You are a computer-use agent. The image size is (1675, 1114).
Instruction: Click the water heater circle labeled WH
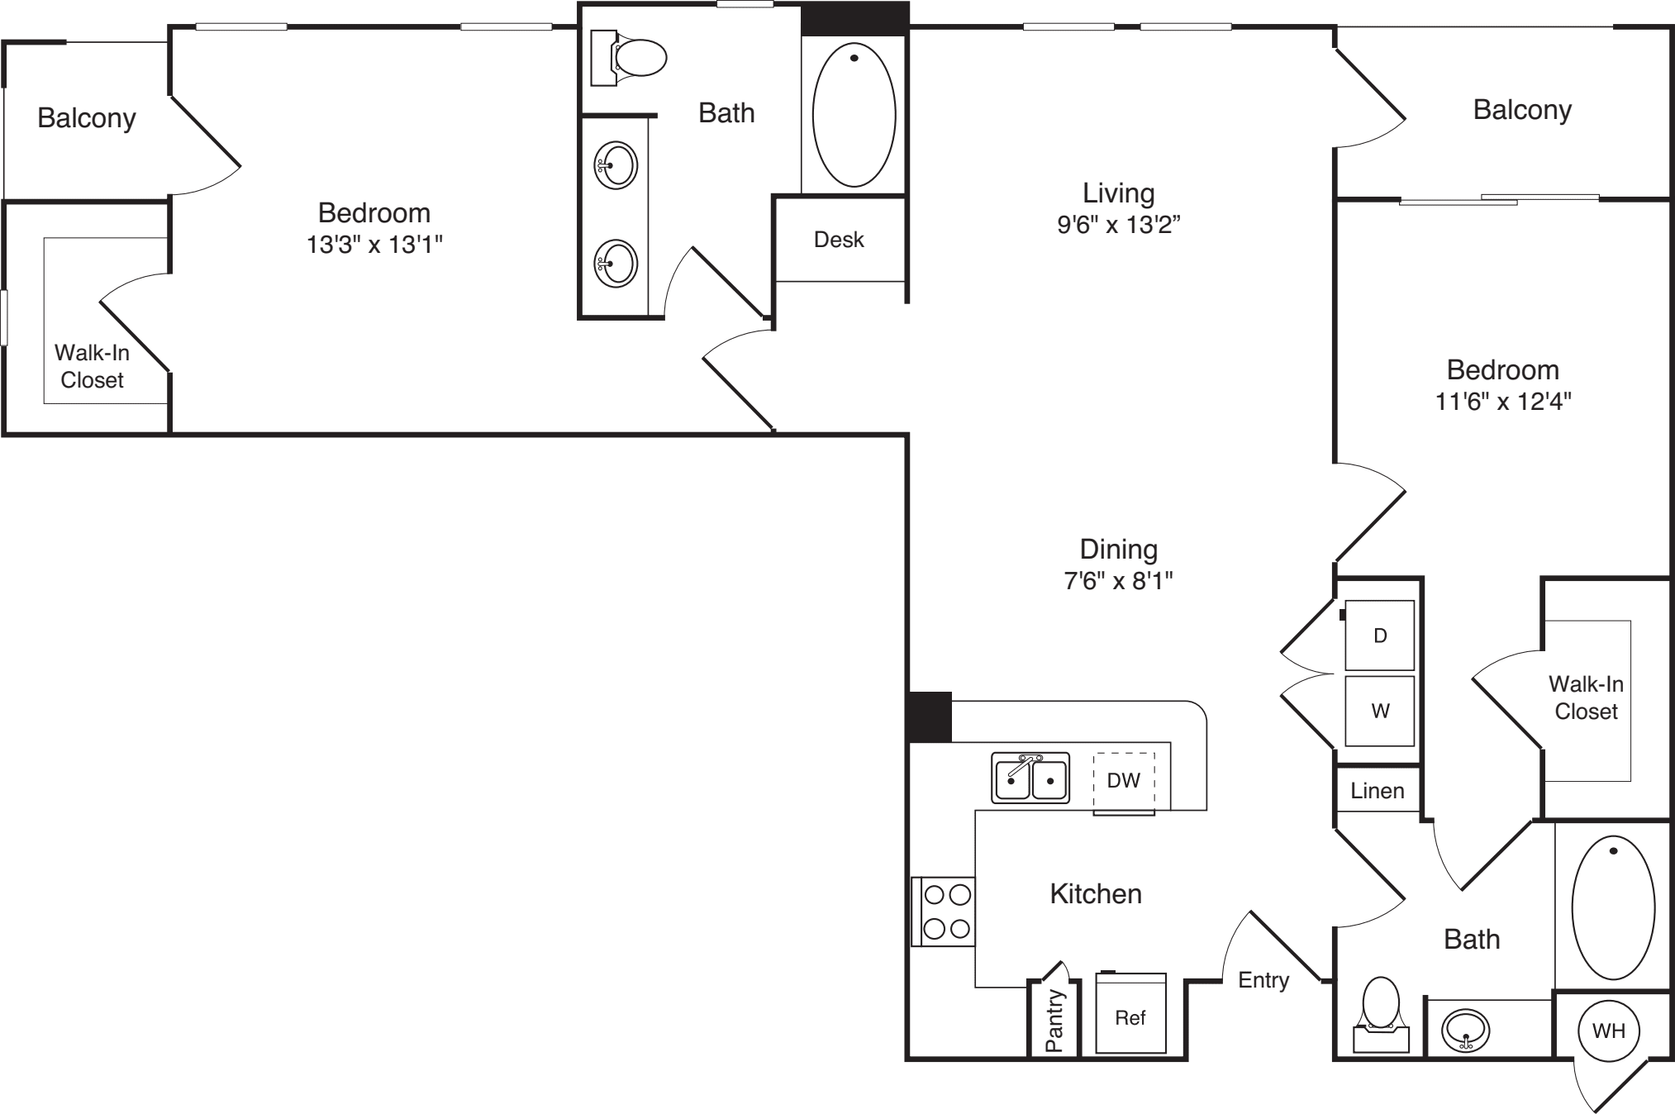[x=1608, y=1031]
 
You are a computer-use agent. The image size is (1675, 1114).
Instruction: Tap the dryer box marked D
[x=1379, y=635]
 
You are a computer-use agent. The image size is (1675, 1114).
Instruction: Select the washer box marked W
[x=1379, y=711]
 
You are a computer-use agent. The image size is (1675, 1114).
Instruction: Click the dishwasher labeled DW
[x=1124, y=782]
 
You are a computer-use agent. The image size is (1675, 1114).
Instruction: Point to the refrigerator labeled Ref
[x=1130, y=1013]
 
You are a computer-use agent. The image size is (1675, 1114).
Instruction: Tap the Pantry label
[x=1054, y=1021]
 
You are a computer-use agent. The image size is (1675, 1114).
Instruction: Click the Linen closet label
[x=1378, y=791]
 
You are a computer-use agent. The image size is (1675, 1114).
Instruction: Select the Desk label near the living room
[x=839, y=240]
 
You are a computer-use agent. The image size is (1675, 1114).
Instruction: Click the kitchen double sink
[x=1030, y=778]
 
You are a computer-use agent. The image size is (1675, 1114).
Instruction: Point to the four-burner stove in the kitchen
[x=944, y=912]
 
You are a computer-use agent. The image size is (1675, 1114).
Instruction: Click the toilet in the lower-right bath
[x=1381, y=1015]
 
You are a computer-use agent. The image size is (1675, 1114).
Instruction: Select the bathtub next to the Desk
[x=854, y=114]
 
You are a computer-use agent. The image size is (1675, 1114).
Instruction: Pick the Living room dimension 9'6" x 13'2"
[x=1119, y=225]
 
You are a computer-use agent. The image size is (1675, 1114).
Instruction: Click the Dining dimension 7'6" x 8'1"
[x=1119, y=581]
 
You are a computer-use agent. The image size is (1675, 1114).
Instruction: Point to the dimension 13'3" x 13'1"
[x=375, y=245]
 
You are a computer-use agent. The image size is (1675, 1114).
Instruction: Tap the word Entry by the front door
[x=1263, y=981]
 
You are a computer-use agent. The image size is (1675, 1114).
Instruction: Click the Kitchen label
[x=1096, y=893]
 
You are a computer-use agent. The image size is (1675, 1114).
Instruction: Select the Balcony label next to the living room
[x=1522, y=111]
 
